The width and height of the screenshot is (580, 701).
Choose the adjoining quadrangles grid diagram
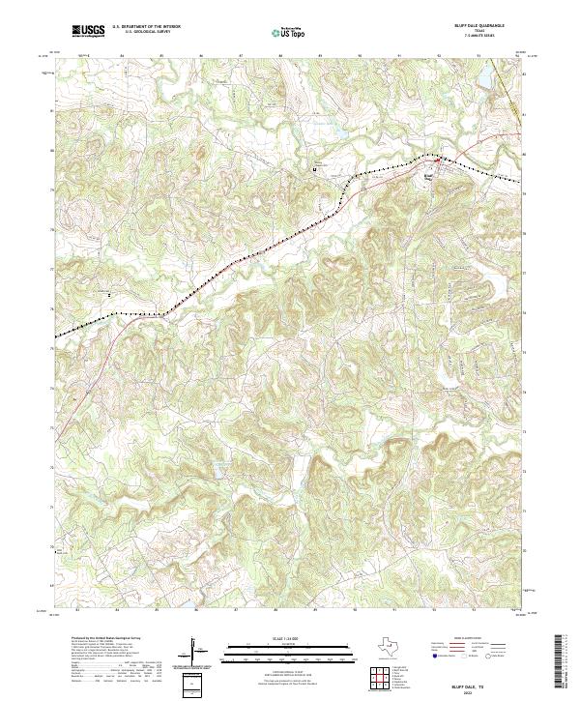(x=380, y=678)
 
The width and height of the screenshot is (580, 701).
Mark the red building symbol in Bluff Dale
(x=435, y=165)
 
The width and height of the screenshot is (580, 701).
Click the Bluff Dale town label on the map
(x=430, y=176)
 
